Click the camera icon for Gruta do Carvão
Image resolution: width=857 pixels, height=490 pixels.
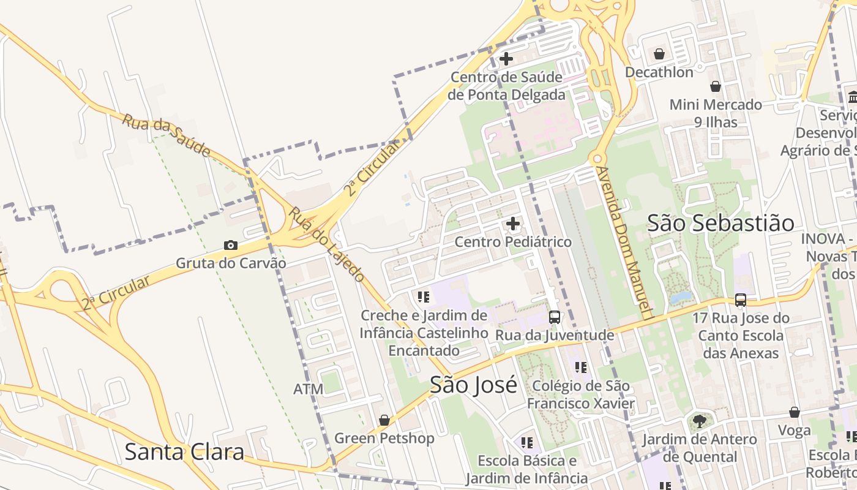pyautogui.click(x=231, y=246)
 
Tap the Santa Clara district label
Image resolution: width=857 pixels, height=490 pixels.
pyautogui.click(x=184, y=452)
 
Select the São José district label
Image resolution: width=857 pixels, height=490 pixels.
pyautogui.click(x=473, y=385)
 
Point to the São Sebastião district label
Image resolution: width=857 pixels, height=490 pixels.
pyautogui.click(x=720, y=223)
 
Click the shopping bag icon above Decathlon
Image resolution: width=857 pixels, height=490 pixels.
pyautogui.click(x=659, y=55)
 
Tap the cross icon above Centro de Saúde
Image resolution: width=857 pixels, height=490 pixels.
pyautogui.click(x=506, y=59)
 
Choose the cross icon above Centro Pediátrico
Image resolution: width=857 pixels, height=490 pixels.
pyautogui.click(x=513, y=224)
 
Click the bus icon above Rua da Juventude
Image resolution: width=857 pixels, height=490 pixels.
pyautogui.click(x=555, y=317)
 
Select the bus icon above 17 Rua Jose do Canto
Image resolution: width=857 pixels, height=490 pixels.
pyautogui.click(x=741, y=300)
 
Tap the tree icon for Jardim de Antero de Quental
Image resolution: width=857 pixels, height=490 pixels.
pyautogui.click(x=699, y=421)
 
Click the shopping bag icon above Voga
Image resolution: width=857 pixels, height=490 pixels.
pyautogui.click(x=795, y=412)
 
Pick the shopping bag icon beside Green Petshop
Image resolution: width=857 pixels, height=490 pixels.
pyautogui.click(x=384, y=420)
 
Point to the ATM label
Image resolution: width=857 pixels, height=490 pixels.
pyautogui.click(x=308, y=389)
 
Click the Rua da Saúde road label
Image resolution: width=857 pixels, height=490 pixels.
pyautogui.click(x=166, y=135)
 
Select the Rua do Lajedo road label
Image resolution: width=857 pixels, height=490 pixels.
pyautogui.click(x=326, y=244)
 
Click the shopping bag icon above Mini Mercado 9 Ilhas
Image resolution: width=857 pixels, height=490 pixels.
pyautogui.click(x=715, y=87)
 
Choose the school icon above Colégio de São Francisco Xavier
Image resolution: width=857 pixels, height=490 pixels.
pyautogui.click(x=581, y=367)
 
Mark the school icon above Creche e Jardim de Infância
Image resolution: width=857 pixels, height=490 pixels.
pyautogui.click(x=423, y=298)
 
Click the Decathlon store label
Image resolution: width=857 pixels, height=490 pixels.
pyautogui.click(x=659, y=72)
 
